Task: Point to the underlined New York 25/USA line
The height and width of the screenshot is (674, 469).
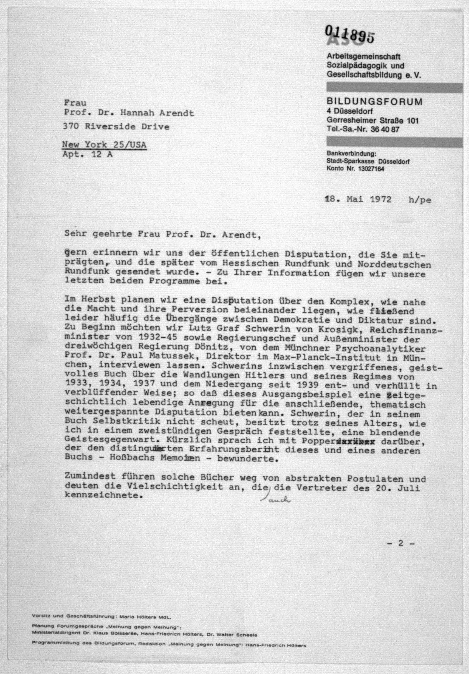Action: point(104,145)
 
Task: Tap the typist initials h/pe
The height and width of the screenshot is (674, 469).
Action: point(420,200)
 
